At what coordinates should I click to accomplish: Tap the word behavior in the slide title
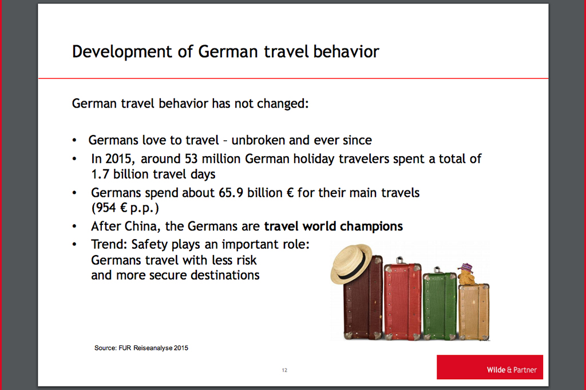point(346,51)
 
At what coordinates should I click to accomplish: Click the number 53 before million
point(191,159)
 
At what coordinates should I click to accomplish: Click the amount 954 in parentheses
point(105,208)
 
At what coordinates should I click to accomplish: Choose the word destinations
point(225,275)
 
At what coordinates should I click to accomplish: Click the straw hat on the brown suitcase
point(352,264)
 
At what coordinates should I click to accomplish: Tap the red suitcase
point(403,301)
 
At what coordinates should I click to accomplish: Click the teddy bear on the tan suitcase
point(466,274)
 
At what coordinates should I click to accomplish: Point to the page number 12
point(284,370)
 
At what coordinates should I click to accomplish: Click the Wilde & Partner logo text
point(512,370)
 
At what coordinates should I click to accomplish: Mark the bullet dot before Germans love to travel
point(74,141)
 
